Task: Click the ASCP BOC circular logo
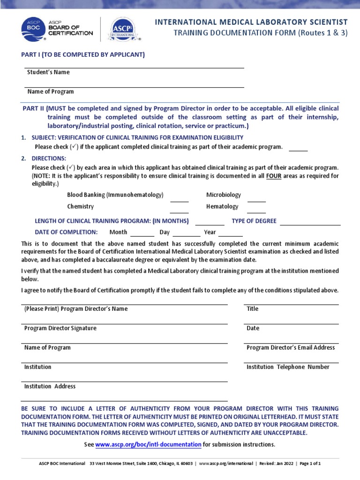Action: click(33, 30)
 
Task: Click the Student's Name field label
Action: click(47, 72)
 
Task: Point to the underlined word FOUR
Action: click(274, 176)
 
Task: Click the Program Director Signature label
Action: click(60, 328)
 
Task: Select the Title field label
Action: click(252, 309)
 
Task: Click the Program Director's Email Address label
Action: click(291, 348)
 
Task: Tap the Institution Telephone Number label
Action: click(288, 367)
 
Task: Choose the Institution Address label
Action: click(50, 386)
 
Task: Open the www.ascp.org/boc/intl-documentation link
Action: click(149, 444)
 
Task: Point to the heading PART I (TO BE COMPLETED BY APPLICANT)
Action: click(83, 55)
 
